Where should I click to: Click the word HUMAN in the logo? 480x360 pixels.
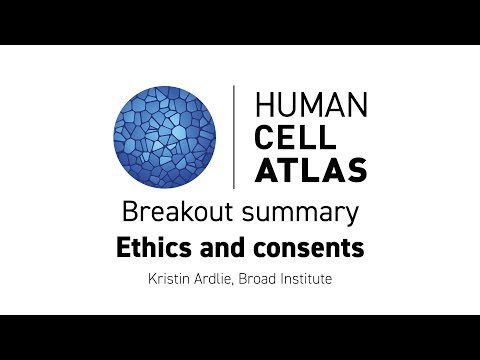(x=311, y=105)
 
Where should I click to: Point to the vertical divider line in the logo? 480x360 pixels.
(x=234, y=137)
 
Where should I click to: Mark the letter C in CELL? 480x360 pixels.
(x=265, y=137)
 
